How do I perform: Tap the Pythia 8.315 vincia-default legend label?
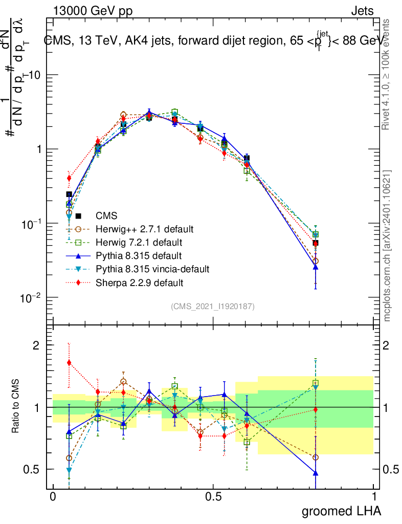pyautogui.click(x=153, y=269)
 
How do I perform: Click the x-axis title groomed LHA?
pyautogui.click(x=342, y=511)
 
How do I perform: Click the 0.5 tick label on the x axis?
pyautogui.click(x=213, y=497)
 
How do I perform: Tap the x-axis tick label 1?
pyautogui.click(x=373, y=497)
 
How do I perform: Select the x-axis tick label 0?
pyautogui.click(x=53, y=497)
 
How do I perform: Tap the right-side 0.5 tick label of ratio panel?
pyautogui.click(x=391, y=469)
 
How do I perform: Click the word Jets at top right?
pyautogui.click(x=362, y=11)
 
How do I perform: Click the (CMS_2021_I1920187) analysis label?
pyautogui.click(x=213, y=306)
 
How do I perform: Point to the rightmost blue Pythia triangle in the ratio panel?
pyautogui.click(x=316, y=473)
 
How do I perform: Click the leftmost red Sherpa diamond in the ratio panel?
pyautogui.click(x=69, y=363)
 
